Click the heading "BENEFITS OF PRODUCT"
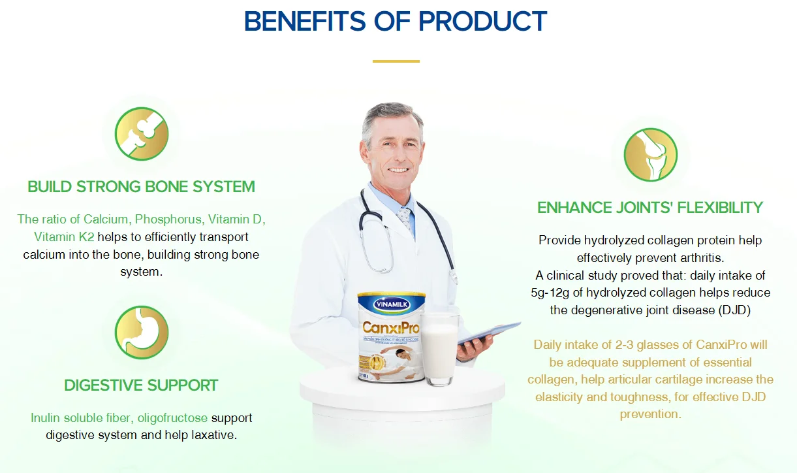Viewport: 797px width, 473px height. pos(395,22)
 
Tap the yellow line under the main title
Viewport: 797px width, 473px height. pos(396,61)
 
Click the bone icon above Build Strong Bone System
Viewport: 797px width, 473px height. pos(142,134)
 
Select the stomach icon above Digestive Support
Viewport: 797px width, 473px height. pos(142,332)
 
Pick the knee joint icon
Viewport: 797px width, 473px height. pos(650,155)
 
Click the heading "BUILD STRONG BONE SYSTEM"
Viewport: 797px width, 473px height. pos(141,187)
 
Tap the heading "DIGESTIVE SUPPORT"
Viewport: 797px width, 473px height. pos(141,385)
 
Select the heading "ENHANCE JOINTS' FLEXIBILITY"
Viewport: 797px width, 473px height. pos(649,208)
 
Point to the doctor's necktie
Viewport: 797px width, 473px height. pos(405,218)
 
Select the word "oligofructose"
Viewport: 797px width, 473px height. pos(172,417)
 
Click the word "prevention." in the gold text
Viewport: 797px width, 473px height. pos(650,414)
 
